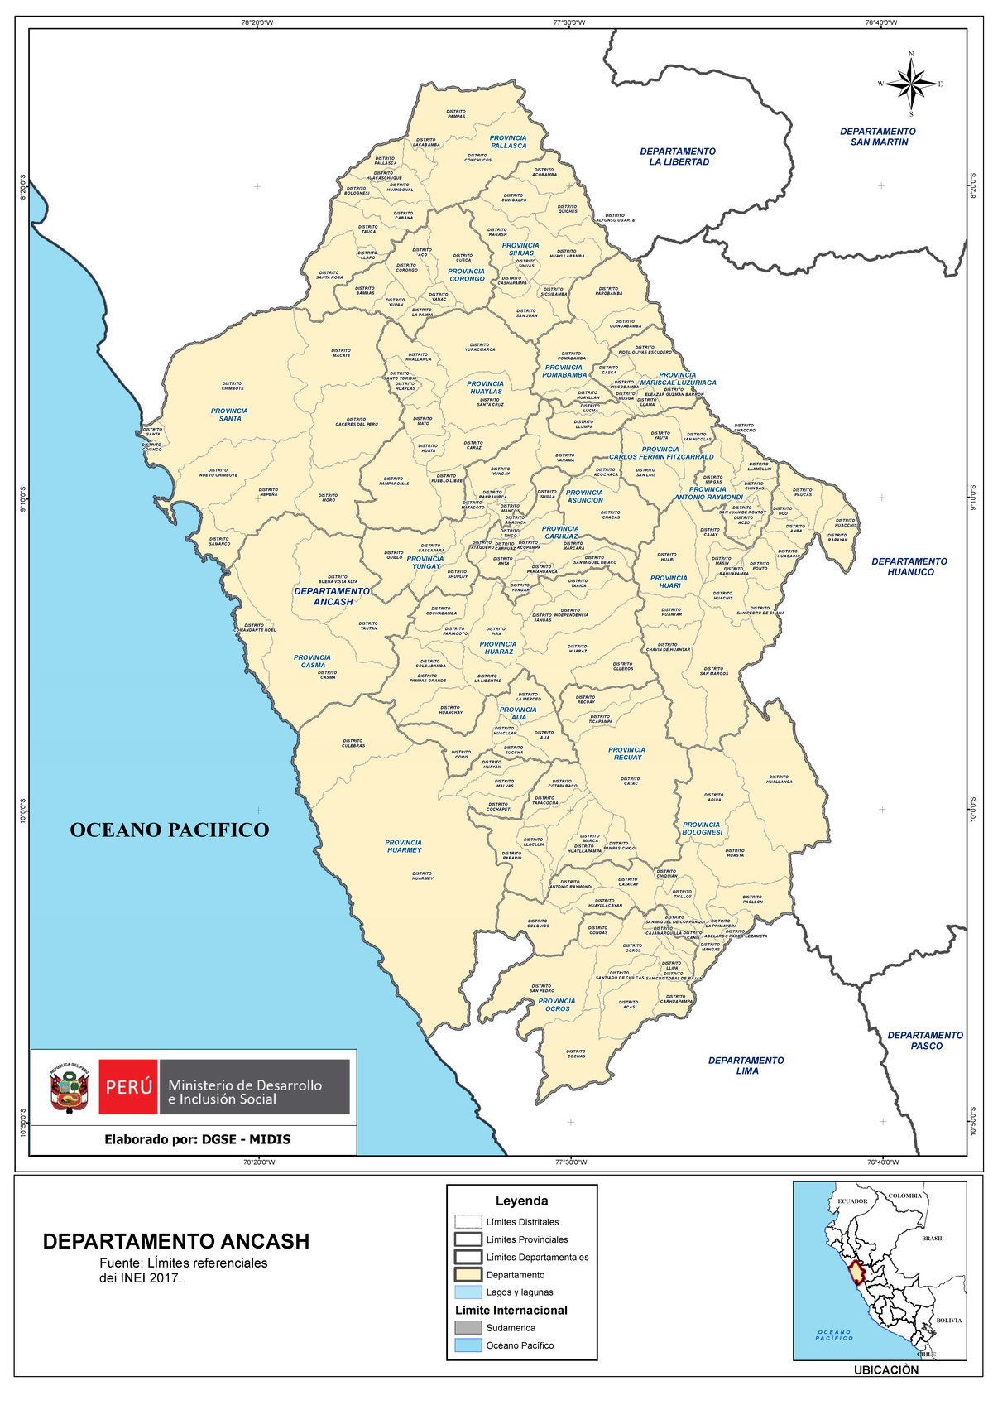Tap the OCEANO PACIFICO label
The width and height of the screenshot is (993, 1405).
169,830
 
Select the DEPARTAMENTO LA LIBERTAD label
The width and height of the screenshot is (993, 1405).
678,156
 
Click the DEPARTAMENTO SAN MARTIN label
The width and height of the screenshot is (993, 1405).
878,137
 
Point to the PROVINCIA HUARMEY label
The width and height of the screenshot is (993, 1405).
404,846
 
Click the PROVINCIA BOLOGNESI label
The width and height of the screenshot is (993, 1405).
702,828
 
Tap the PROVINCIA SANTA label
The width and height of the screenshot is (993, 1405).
229,415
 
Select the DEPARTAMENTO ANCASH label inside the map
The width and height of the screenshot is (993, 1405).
332,596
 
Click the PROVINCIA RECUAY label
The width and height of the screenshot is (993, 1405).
627,753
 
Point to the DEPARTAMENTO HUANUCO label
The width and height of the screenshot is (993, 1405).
909,566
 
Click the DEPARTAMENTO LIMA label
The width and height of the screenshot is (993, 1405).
746,1066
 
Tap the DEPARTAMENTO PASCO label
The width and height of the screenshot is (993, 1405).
925,1041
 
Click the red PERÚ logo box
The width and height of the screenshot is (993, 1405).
128,1087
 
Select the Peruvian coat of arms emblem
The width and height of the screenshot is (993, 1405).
70,1088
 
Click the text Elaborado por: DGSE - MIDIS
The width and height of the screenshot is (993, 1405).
197,1139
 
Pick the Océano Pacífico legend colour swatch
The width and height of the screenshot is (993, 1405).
468,1345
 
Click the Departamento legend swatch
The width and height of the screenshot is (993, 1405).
468,1275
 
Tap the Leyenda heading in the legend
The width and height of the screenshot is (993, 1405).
521,1201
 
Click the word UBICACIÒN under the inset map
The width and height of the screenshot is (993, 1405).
886,1370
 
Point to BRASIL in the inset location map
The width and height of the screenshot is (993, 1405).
933,1239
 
